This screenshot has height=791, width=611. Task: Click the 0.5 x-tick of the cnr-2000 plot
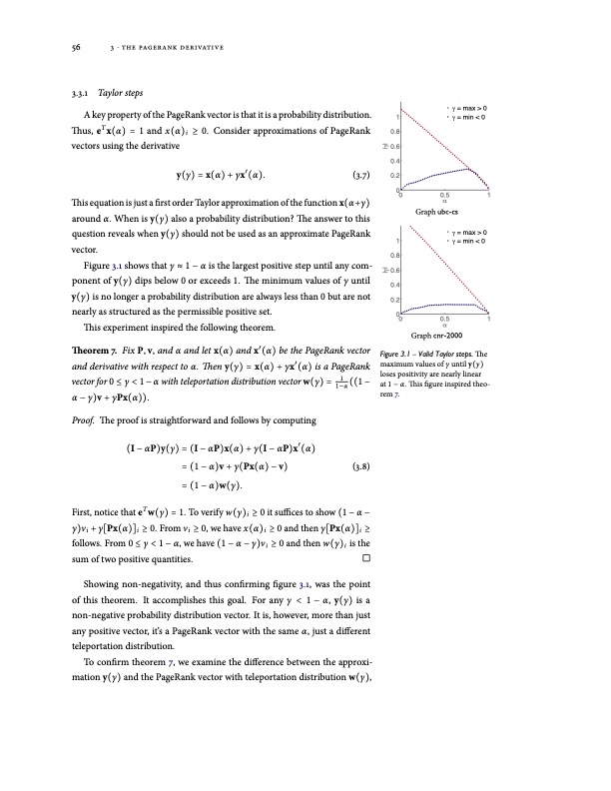443,320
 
